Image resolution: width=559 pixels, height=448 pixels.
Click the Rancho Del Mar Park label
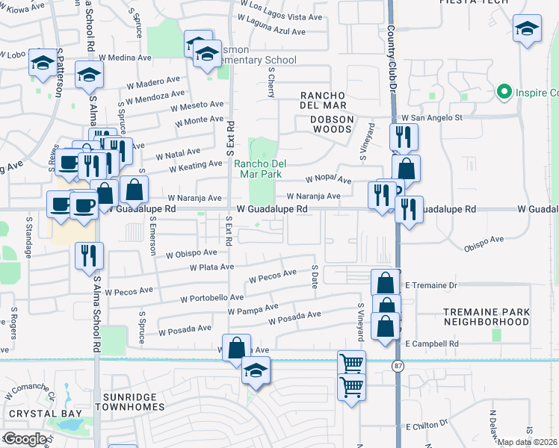tap(259, 169)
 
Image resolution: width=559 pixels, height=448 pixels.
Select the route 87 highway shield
tap(398, 364)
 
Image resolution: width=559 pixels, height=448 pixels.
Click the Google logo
tap(25, 438)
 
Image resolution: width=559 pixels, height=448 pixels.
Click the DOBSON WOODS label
tap(322, 129)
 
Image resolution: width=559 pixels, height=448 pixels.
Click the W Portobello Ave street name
tap(212, 298)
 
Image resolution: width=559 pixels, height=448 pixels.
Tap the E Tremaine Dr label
tap(430, 286)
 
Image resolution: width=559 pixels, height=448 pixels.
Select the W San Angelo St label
tap(433, 118)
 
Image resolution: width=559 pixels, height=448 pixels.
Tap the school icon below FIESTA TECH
tap(527, 31)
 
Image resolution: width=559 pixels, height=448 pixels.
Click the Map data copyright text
tap(527, 442)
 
